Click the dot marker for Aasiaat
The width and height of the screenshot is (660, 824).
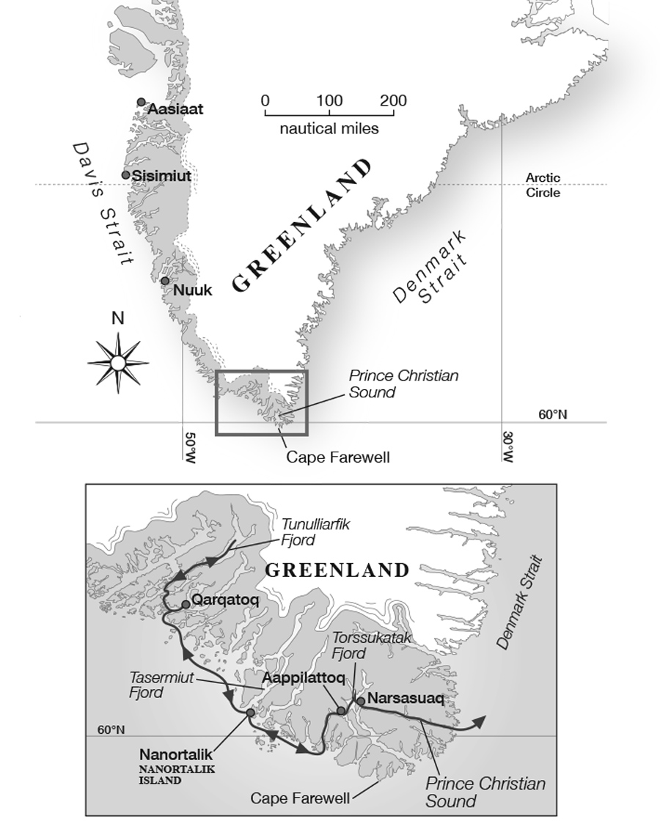tap(141, 103)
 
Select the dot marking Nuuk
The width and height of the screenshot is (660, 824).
tap(165, 281)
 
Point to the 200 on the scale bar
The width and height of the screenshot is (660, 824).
tap(394, 100)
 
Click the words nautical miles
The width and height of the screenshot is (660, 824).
tap(329, 129)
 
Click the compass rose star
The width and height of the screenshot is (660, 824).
tap(118, 362)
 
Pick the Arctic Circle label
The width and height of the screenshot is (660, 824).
tap(543, 185)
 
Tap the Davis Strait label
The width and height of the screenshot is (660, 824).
tap(102, 203)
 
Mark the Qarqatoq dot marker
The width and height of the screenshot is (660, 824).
tap(186, 604)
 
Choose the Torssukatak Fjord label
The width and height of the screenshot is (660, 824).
tap(371, 644)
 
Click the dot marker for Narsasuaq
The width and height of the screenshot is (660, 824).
tap(360, 701)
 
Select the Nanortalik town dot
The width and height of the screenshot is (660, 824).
tap(250, 712)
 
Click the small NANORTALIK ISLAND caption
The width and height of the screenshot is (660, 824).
tap(160, 776)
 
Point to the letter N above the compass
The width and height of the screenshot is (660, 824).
tap(117, 319)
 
